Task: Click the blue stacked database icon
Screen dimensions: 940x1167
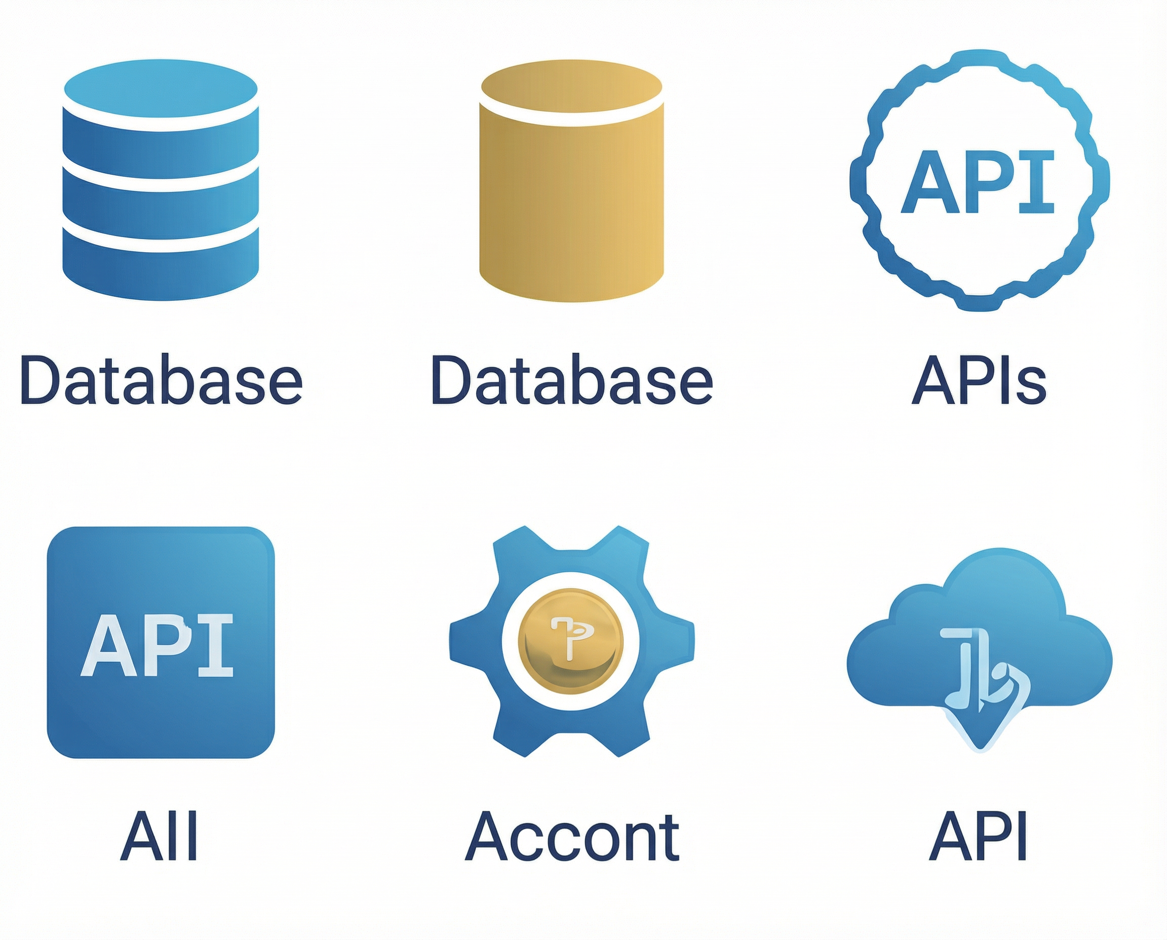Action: coord(161,180)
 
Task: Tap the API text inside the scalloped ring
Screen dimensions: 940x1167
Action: coord(978,182)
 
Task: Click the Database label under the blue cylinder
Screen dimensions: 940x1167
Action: coord(161,380)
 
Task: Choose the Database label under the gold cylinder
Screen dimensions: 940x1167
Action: coord(572,380)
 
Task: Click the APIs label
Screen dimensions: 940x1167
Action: coord(979,380)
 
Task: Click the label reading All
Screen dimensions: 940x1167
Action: coord(159,837)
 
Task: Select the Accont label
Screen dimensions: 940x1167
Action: coord(572,837)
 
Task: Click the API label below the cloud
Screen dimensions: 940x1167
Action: coord(978,837)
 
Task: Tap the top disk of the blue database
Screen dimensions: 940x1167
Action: coord(161,87)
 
